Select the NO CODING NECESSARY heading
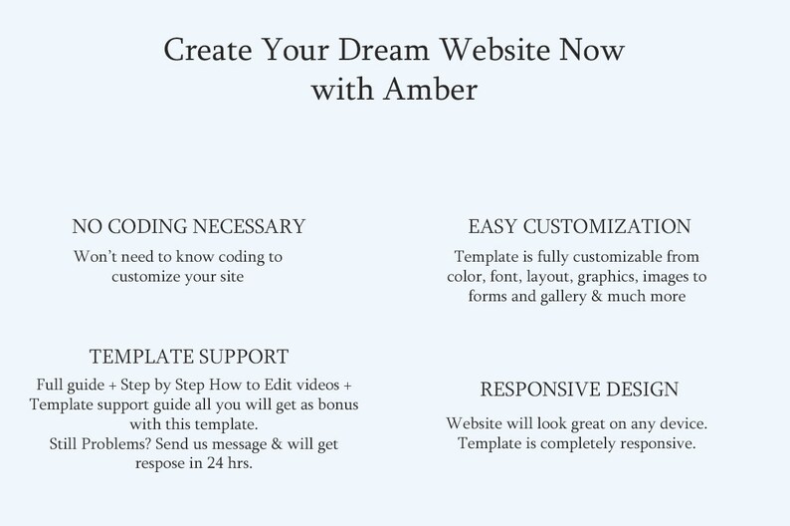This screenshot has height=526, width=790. point(189,226)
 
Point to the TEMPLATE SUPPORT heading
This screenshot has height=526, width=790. point(189,357)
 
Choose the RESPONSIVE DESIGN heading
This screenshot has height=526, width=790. point(580,389)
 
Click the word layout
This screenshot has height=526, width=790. point(547,276)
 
